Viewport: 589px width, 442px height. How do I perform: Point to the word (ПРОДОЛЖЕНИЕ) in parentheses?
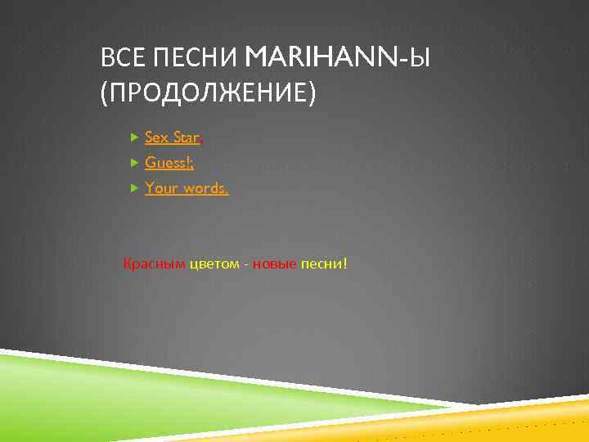[x=207, y=92]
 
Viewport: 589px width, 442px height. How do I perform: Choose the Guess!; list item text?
[x=169, y=163]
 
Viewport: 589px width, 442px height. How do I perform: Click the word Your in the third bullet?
[x=161, y=188]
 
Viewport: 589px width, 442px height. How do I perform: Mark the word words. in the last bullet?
[x=206, y=188]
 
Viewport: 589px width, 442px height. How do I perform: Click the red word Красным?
[x=155, y=264]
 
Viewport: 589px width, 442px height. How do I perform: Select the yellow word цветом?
[x=215, y=264]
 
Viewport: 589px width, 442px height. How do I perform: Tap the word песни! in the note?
[x=324, y=264]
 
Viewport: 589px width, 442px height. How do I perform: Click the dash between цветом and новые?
[x=246, y=264]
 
